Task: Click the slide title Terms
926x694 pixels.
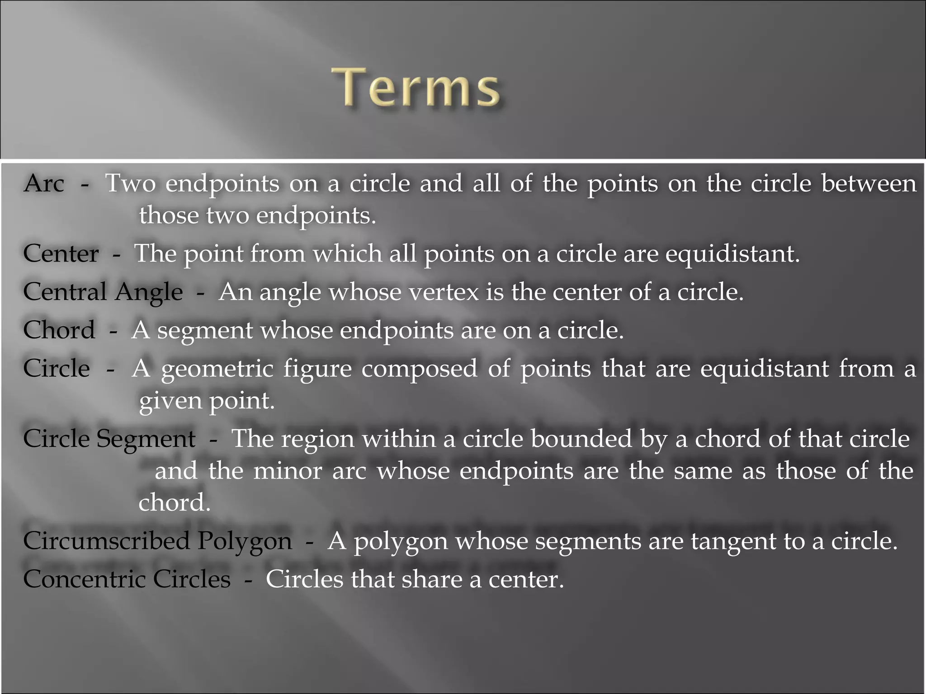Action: (x=416, y=87)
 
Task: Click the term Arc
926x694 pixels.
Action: (x=44, y=183)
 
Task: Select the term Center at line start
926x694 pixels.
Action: (x=61, y=253)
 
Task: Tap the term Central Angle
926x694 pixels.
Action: (x=103, y=292)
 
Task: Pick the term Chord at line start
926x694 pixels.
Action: (x=59, y=330)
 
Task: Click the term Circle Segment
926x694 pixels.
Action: (x=109, y=439)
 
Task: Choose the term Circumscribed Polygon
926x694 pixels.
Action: (x=157, y=541)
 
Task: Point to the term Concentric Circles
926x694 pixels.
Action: (x=127, y=579)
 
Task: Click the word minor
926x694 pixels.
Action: (x=288, y=471)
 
